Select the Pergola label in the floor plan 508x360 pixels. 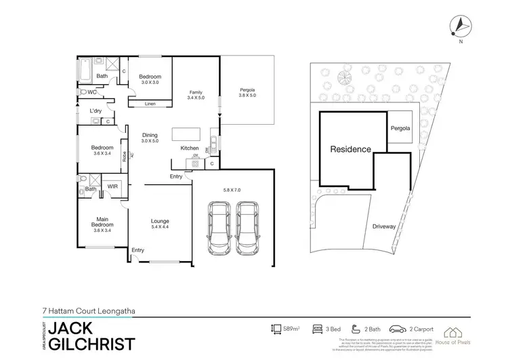pos(248,92)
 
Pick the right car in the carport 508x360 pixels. pos(249,228)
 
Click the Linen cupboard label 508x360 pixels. pos(150,104)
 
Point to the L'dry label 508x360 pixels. pos(96,110)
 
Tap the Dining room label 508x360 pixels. pos(150,138)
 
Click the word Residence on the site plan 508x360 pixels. pos(350,149)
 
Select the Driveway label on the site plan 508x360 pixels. pos(383,226)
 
